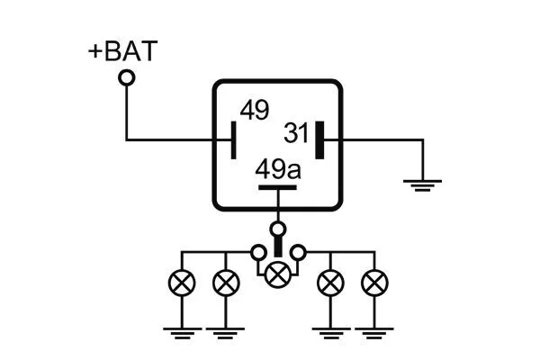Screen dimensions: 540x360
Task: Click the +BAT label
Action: [123, 51]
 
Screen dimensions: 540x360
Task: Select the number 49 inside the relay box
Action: [255, 110]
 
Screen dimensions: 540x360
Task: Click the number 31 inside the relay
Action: [296, 133]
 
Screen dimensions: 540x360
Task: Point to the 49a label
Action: [278, 169]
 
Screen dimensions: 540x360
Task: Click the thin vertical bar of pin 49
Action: [233, 140]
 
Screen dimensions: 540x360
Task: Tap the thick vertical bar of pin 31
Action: [319, 140]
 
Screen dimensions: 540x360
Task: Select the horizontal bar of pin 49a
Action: [277, 188]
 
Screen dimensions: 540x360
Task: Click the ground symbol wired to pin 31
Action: [423, 185]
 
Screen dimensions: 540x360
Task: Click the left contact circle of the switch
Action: [258, 253]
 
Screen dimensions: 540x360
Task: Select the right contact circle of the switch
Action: [298, 253]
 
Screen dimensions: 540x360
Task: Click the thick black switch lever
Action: [278, 247]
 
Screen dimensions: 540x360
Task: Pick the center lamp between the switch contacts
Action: [278, 274]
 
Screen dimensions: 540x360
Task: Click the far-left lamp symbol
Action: [182, 283]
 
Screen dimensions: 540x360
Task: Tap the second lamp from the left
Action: [226, 283]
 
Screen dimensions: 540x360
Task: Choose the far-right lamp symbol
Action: [374, 283]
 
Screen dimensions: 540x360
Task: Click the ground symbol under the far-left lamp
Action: [182, 333]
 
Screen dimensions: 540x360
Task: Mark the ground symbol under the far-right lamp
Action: [374, 333]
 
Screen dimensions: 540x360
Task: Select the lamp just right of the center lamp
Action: [330, 283]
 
